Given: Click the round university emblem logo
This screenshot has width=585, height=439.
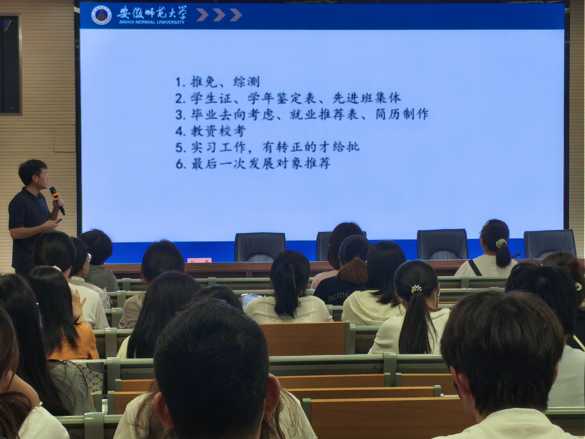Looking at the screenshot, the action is coord(101,15).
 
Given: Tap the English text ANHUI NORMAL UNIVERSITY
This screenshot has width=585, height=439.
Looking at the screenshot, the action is coord(152,22).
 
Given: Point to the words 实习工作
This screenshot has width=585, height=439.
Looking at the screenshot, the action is coord(218,147).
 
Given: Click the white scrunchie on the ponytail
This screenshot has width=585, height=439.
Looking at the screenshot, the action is coord(501,243).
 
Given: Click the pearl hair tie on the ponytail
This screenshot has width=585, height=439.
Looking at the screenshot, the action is coord(416,289).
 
